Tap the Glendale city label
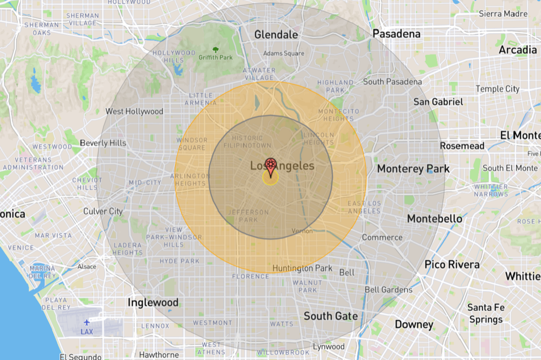click(x=276, y=35)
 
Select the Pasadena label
click(x=396, y=34)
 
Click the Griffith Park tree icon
click(x=215, y=50)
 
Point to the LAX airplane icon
click(x=87, y=322)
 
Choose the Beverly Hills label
click(x=103, y=143)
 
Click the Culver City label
click(x=103, y=211)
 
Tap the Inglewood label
click(x=153, y=302)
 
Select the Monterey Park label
click(x=413, y=169)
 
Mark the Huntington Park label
click(x=302, y=269)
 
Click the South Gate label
click(x=330, y=316)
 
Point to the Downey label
click(x=414, y=324)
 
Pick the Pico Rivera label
click(x=452, y=264)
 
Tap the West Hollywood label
click(x=134, y=111)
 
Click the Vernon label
click(x=302, y=231)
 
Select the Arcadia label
click(x=518, y=50)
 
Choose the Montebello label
click(x=435, y=219)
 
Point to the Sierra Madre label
click(x=503, y=14)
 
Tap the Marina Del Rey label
click(x=42, y=272)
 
